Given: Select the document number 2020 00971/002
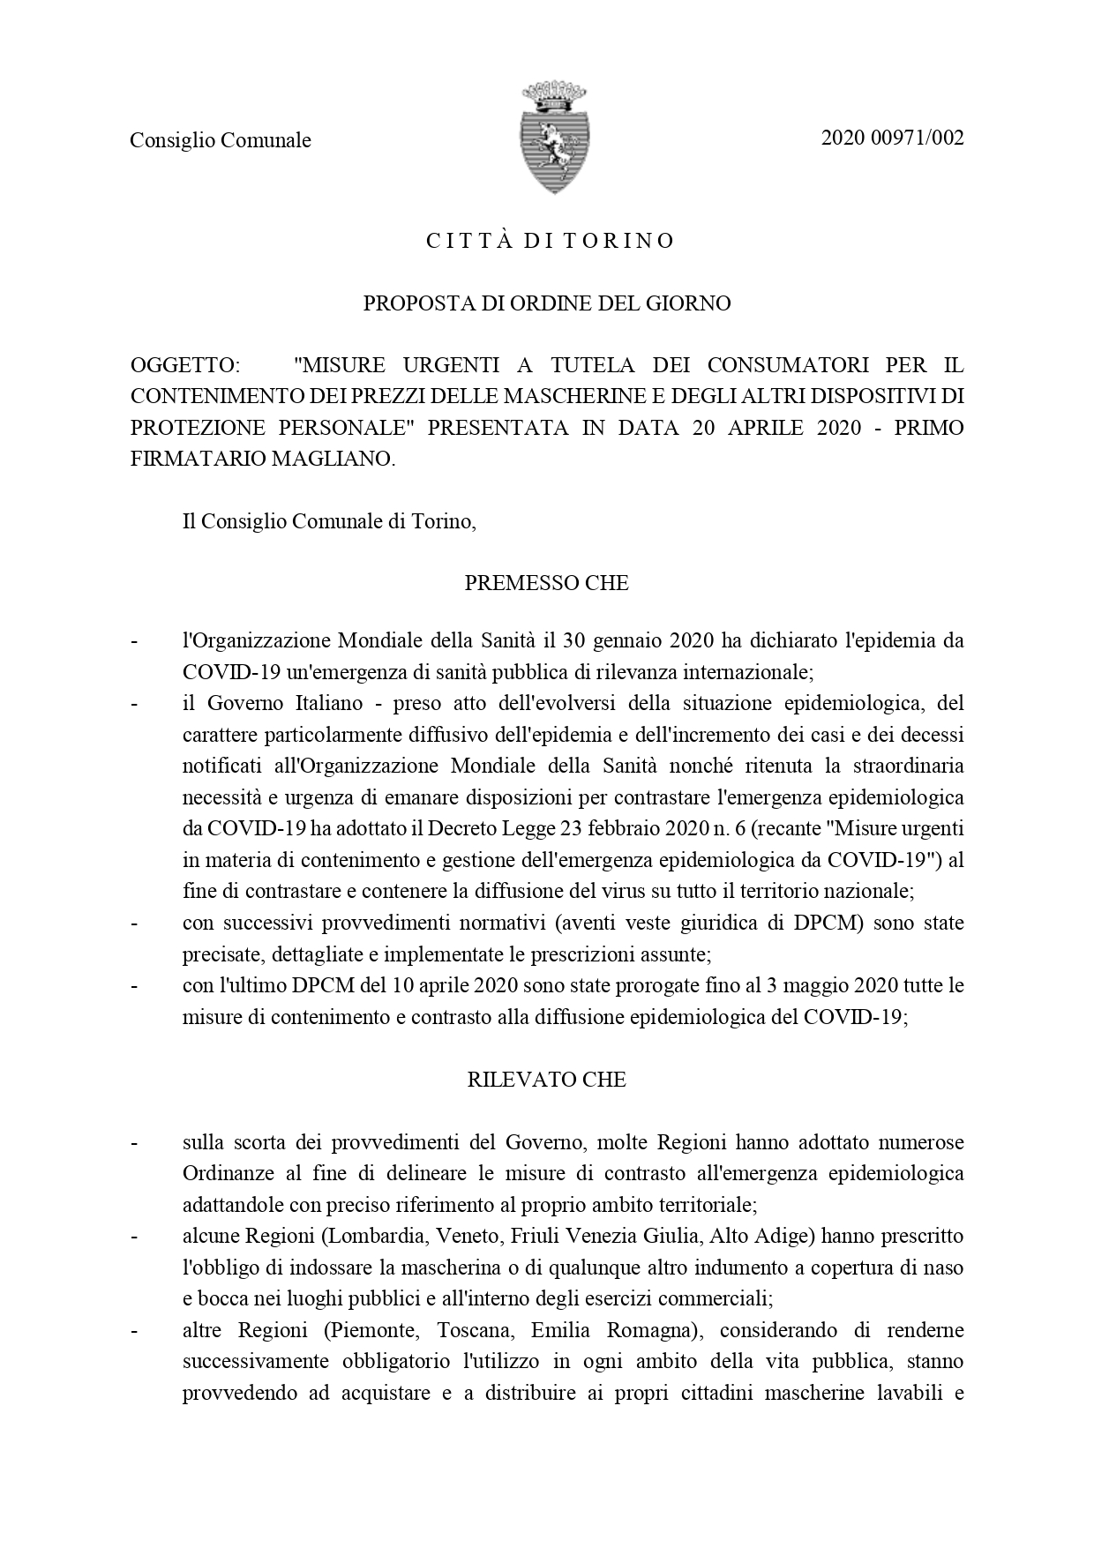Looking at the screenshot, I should [x=892, y=138].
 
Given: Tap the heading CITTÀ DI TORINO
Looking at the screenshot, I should [x=551, y=241].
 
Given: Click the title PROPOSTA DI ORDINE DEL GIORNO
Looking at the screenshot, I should [x=547, y=303].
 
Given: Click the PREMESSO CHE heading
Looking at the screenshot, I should [x=546, y=583].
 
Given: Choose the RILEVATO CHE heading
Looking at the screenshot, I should [x=546, y=1080].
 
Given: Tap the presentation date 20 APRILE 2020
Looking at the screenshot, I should [x=776, y=428].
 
